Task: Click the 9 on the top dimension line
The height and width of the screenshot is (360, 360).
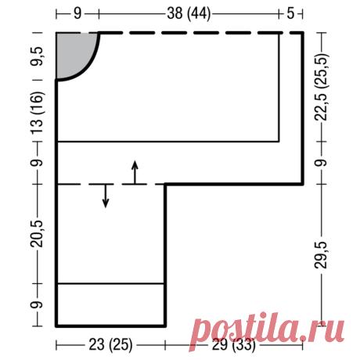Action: pos(77,13)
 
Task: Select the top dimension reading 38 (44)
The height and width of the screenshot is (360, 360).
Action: pos(189,13)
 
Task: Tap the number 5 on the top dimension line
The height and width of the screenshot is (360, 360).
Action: pos(290,13)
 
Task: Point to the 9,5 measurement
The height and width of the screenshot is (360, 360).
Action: pos(38,56)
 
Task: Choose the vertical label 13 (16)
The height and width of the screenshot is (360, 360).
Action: pos(38,113)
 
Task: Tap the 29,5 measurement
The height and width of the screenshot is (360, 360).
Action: pos(321,255)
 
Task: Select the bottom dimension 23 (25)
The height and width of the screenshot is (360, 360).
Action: pos(110,345)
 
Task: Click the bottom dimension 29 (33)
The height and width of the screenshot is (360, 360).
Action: pos(233,345)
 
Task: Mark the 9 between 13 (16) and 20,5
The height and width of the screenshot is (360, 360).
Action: pos(37,163)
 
